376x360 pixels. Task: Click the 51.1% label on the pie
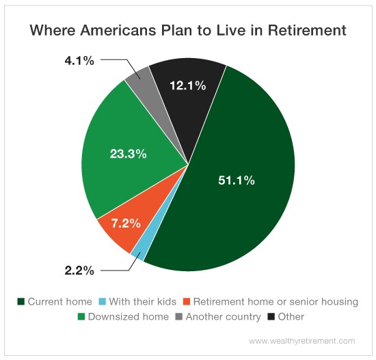[237, 180]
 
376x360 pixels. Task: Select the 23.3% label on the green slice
[129, 154]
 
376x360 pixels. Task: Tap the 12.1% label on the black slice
[188, 85]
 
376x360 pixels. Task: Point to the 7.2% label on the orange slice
[126, 223]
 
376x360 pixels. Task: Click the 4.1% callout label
[79, 61]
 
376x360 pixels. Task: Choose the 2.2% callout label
[79, 271]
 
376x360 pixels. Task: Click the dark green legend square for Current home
[21, 301]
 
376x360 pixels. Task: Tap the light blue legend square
[102, 301]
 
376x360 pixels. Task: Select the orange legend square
[187, 301]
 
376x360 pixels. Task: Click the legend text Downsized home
[129, 317]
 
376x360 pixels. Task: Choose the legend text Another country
[224, 317]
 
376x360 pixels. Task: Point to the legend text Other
[291, 317]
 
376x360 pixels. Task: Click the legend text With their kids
[143, 301]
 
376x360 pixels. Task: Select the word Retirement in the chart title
[307, 31]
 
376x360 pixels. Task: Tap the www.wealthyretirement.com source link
[302, 341]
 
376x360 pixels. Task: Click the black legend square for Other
[271, 317]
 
